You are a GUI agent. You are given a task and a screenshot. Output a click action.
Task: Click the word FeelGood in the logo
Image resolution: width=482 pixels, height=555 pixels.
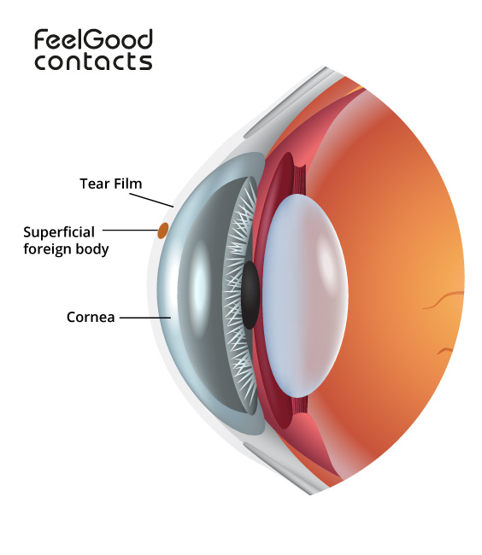[93, 39]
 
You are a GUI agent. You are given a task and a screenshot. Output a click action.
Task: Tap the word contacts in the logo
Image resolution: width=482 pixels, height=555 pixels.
[93, 61]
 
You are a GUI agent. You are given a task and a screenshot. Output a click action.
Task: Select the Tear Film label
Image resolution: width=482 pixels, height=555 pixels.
[111, 184]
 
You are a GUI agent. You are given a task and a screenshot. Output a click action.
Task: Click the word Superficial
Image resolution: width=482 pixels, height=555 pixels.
[59, 232]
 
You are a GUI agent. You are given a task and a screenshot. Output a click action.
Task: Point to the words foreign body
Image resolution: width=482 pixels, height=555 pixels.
[66, 248]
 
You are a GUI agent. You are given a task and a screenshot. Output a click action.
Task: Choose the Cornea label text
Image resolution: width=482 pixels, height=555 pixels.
[91, 317]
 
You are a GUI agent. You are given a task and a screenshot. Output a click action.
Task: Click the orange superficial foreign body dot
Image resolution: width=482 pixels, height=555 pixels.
[163, 231]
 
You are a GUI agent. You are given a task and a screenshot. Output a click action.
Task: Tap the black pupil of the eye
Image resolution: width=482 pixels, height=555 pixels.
[250, 295]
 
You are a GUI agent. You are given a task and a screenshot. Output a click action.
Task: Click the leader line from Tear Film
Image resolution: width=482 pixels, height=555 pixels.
[151, 200]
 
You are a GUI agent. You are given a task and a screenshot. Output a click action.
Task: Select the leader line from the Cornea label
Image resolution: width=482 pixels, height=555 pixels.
[145, 318]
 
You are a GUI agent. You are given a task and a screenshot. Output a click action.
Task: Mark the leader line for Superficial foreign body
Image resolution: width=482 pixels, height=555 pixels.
[130, 230]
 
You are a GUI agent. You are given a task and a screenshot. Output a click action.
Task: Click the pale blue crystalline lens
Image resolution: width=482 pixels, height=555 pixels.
[305, 295]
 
